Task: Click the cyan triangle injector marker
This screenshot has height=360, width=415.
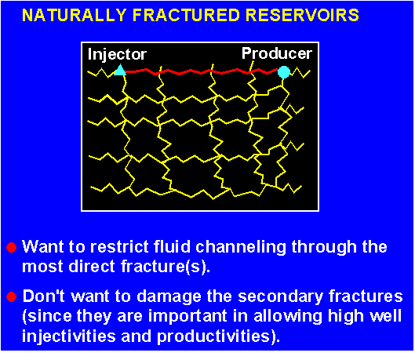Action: pos(120,70)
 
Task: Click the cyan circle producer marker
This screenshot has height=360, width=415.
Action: pos(284,72)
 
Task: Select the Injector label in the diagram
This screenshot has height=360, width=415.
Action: pos(117,55)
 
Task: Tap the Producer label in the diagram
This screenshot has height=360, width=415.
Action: pos(277,53)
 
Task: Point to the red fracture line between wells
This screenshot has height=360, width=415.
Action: pos(201,71)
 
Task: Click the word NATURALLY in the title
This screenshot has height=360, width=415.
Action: pos(75,15)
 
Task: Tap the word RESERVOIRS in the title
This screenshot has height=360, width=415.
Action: pos(302,15)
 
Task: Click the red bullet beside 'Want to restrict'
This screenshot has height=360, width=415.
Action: pos(12,247)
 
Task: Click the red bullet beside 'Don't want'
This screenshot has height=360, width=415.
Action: pos(12,296)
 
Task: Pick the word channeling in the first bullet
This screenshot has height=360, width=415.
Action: pos(241,248)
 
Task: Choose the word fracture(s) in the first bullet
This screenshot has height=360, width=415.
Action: pos(166,266)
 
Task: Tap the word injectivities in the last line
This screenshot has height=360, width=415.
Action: pos(69,336)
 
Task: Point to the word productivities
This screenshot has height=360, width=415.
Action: pos(218,336)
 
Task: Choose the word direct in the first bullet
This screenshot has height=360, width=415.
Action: pos(91,266)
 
